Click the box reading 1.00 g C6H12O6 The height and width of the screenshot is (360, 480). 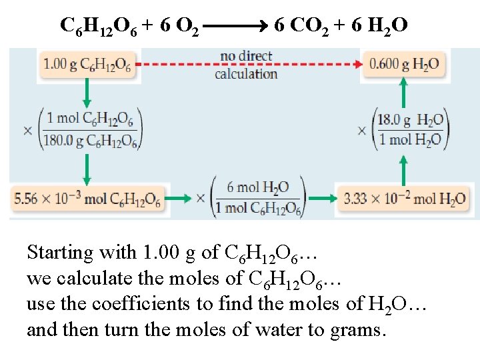pos(87,65)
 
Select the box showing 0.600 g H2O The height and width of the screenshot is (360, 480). pos(404,65)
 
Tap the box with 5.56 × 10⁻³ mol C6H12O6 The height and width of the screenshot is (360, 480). pos(87,198)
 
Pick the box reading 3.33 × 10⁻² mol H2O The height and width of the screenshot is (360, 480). pos(405,198)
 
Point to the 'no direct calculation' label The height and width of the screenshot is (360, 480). pos(246,65)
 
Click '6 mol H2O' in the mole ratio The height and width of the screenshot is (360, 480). pos(257,188)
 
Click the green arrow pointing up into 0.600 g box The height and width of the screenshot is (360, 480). pos(403,93)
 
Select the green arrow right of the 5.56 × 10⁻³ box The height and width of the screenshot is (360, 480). pos(177,198)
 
